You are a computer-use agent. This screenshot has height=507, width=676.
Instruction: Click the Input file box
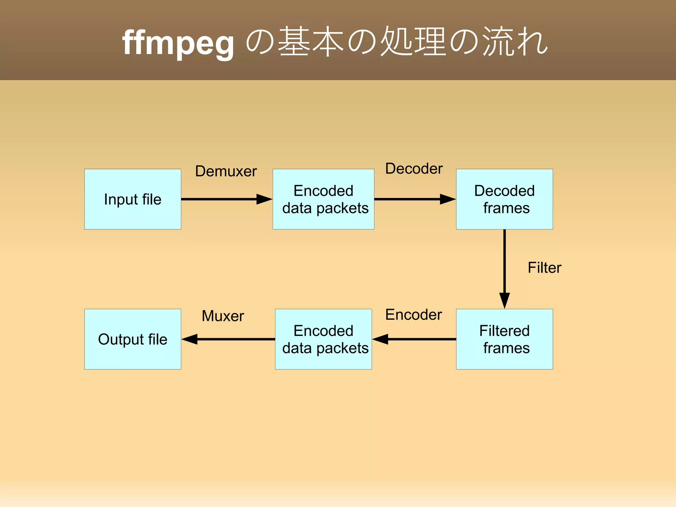(x=133, y=199)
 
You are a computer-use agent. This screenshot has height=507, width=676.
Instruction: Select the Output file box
(x=133, y=339)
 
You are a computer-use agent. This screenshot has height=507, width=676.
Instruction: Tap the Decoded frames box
(x=504, y=199)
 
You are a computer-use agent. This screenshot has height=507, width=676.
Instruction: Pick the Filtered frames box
(x=504, y=339)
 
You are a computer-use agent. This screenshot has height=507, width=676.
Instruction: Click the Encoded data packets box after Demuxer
(x=323, y=199)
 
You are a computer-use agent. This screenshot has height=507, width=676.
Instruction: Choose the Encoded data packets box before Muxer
(x=323, y=339)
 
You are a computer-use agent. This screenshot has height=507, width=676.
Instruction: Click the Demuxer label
(x=226, y=171)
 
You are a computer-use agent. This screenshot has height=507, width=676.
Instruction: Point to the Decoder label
(x=414, y=169)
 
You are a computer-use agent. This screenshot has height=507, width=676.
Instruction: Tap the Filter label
(x=544, y=268)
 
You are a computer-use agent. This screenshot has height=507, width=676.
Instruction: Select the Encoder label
(x=413, y=315)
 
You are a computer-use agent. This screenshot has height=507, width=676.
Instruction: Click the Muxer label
(x=223, y=316)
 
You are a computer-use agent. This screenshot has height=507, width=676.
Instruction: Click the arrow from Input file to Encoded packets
(x=227, y=199)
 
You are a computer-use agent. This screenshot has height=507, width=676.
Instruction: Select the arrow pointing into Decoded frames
(x=415, y=199)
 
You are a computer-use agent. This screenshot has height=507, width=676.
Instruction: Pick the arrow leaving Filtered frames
(x=414, y=339)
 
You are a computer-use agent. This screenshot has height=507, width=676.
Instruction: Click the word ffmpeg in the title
(x=178, y=43)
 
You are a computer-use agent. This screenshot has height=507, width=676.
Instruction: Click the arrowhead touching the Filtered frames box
(x=504, y=300)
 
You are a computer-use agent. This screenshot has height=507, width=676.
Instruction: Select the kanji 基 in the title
(x=293, y=42)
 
